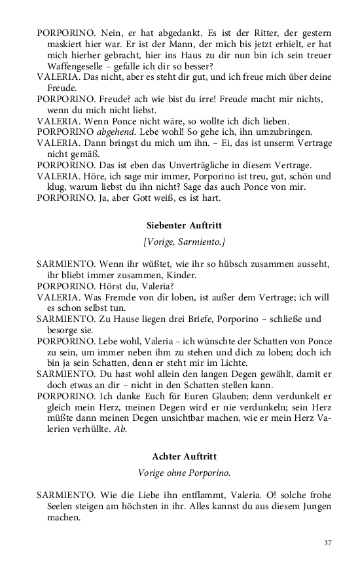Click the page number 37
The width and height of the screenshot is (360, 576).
[327, 543]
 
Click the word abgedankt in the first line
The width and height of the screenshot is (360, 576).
[153, 32]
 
